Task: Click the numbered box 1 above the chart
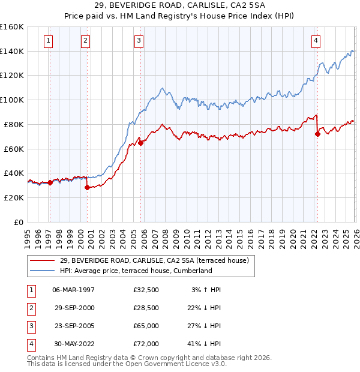[x=47, y=41]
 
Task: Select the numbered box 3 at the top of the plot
[x=139, y=41]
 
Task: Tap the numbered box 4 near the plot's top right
[x=315, y=41]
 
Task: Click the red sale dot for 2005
[x=140, y=143]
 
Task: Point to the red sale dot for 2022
[x=317, y=134]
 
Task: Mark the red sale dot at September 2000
[x=88, y=187]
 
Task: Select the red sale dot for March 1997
[x=50, y=182]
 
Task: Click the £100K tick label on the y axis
[x=12, y=100]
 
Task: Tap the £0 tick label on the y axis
[x=18, y=222]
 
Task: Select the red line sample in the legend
[x=43, y=260]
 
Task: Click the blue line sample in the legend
[x=43, y=271]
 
